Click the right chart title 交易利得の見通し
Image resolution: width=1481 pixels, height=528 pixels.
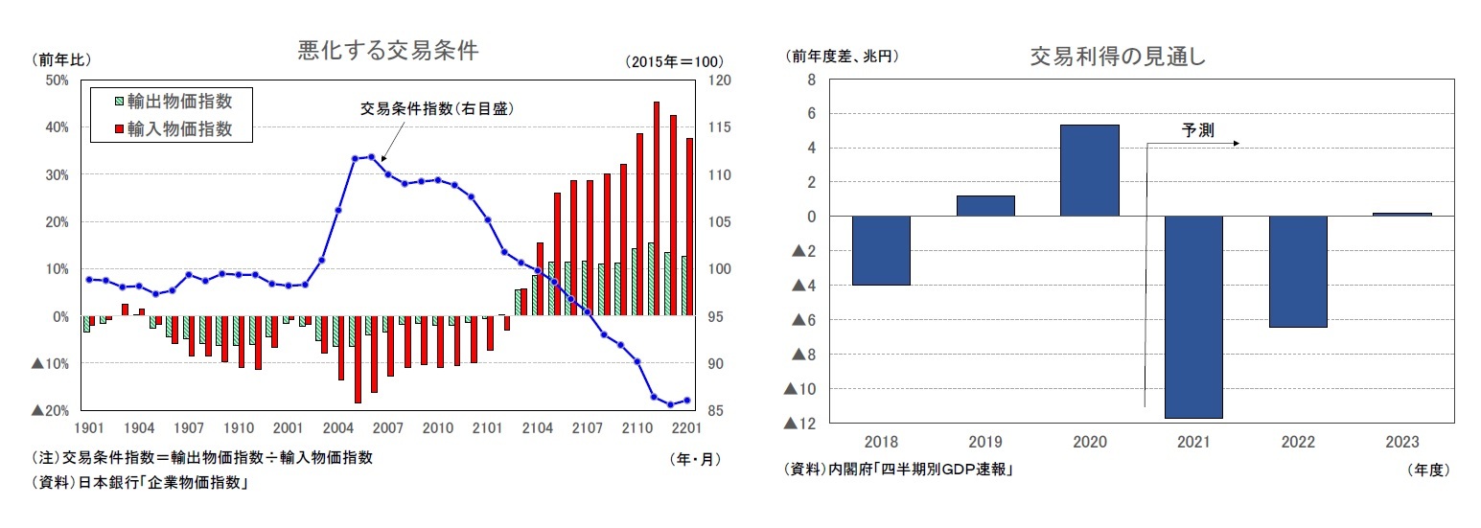click(1117, 57)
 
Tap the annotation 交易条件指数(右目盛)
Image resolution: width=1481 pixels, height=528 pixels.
click(437, 108)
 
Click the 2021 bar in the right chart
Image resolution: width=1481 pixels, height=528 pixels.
click(1193, 316)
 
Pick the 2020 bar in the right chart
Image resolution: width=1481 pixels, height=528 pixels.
click(1090, 171)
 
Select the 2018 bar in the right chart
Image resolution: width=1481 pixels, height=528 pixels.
click(881, 250)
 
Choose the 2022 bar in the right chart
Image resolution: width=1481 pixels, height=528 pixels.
click(1298, 271)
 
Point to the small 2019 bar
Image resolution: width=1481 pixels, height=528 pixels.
click(985, 205)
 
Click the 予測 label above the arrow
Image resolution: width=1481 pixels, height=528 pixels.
click(1197, 130)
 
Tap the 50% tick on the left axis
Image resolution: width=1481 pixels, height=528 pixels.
click(56, 80)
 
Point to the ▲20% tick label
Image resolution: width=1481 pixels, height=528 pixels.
click(50, 410)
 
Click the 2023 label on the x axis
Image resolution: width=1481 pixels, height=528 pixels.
click(1402, 443)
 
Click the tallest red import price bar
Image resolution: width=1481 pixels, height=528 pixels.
click(657, 209)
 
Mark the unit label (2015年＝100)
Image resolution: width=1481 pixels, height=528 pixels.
click(674, 61)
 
